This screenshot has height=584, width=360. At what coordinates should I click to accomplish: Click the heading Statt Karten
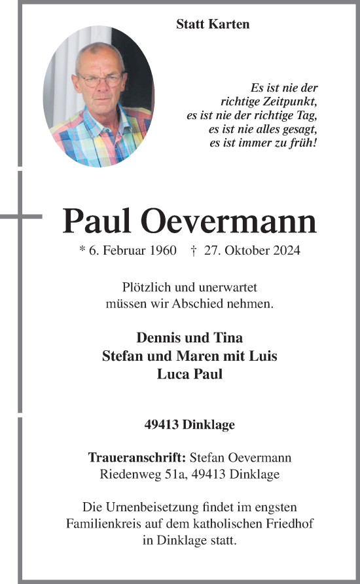(213, 24)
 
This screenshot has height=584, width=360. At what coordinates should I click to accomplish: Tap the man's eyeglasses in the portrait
(99, 80)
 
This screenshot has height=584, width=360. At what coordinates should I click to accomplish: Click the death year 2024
(287, 250)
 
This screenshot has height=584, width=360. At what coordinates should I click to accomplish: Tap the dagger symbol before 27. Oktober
(194, 250)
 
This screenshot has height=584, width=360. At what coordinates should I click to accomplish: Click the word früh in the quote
(302, 143)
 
